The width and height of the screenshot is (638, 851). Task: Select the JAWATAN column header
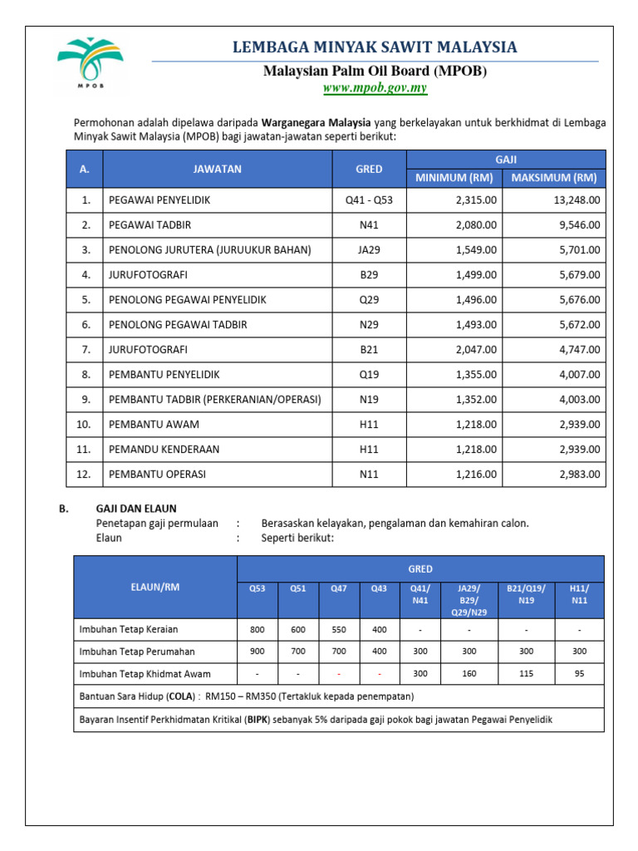coord(217,169)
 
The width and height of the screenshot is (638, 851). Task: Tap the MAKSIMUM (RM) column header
coord(554,178)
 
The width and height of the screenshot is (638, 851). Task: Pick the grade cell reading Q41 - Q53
coord(369,200)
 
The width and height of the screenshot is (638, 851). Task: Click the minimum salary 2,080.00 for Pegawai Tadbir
coord(477,225)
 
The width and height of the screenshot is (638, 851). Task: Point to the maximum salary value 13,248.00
coord(574,200)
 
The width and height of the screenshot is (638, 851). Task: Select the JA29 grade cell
coord(369,250)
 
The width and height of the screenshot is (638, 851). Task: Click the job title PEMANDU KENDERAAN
coord(164,450)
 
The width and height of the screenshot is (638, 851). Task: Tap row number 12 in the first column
coord(84,475)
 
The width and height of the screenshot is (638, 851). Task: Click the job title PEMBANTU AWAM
coord(154,425)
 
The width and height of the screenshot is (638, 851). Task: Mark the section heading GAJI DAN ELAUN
coord(136,509)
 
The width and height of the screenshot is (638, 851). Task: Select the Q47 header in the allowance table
coord(338,589)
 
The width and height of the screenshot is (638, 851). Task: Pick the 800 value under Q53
coord(258,629)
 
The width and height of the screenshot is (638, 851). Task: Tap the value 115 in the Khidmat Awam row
coord(526,674)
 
